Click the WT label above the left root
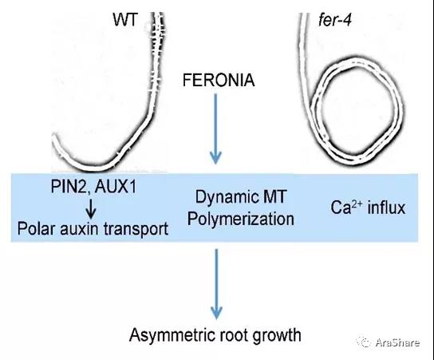[x=124, y=20]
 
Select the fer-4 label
[x=335, y=20]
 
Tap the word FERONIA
[x=219, y=80]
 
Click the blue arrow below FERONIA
[x=215, y=129]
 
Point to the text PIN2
[x=69, y=186]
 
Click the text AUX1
[x=116, y=186]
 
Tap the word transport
[x=136, y=230]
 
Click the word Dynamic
[x=225, y=197]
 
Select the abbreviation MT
[x=273, y=196]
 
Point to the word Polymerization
[x=240, y=219]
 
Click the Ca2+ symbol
[x=346, y=208]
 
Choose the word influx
[x=386, y=208]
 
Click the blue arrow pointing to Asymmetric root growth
[x=216, y=284]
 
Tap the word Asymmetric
[x=172, y=335]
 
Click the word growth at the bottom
[x=277, y=335]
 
